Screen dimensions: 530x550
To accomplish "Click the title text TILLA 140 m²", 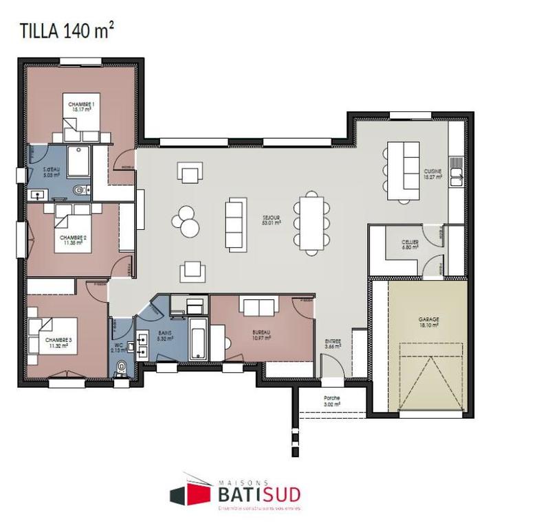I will pyautogui.click(x=65, y=31).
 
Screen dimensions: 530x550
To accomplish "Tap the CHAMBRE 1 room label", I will pyautogui.click(x=81, y=105).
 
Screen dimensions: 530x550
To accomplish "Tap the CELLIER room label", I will pyautogui.click(x=411, y=244).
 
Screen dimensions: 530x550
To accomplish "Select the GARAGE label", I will pyautogui.click(x=428, y=321).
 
